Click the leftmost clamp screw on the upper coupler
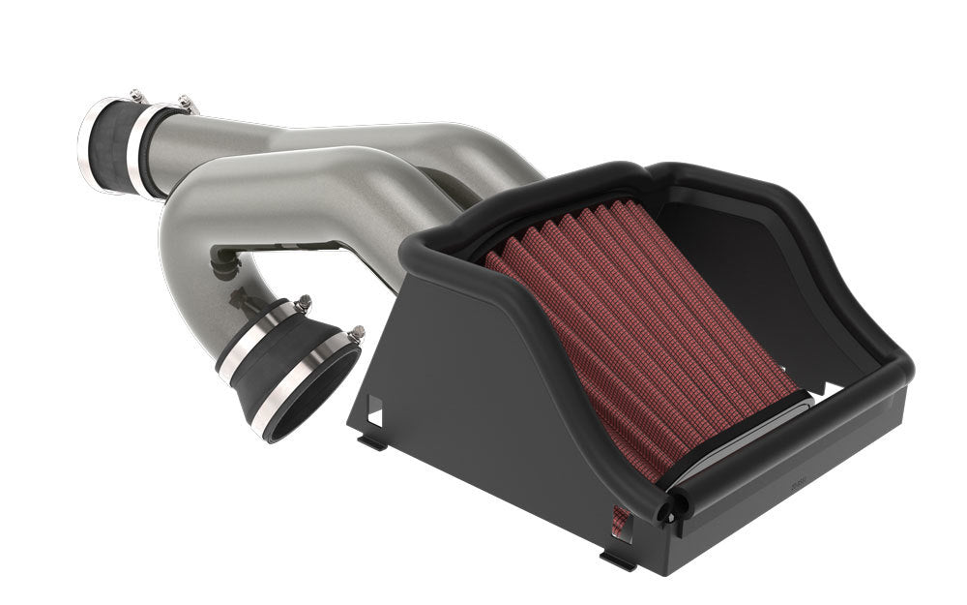pos(137,95)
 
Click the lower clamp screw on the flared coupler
pos(356,333)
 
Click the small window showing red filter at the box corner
pos(620,523)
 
